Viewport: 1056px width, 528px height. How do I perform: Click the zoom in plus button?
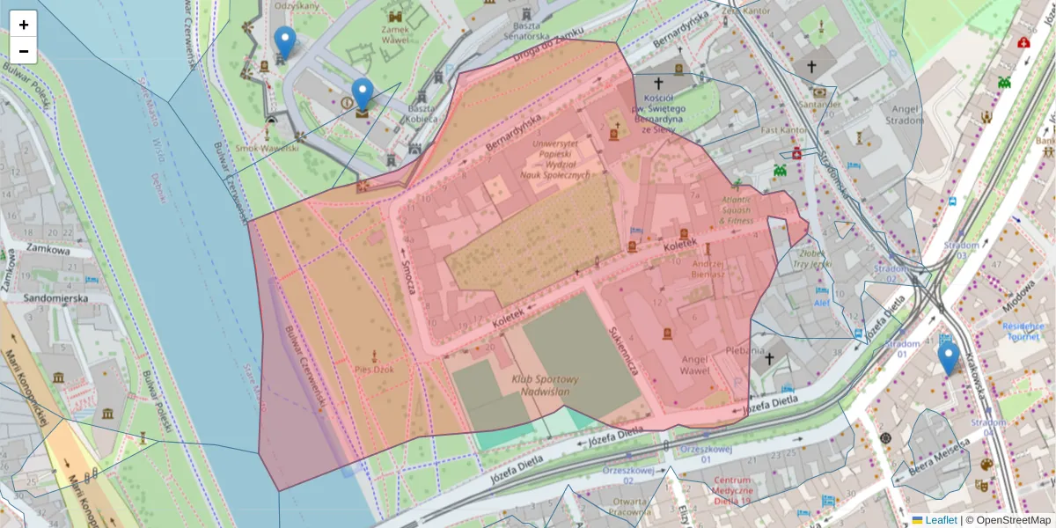pos(24,25)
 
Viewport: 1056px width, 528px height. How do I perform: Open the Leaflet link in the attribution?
pos(940,520)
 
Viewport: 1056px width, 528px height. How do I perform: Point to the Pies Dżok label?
pos(375,370)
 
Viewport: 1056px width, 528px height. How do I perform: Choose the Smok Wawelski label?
pos(273,148)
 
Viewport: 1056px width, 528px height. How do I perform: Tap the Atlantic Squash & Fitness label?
pos(723,210)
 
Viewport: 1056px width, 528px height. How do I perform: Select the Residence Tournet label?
pos(1022,330)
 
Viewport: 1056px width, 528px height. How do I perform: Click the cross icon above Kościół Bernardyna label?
pos(657,81)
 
